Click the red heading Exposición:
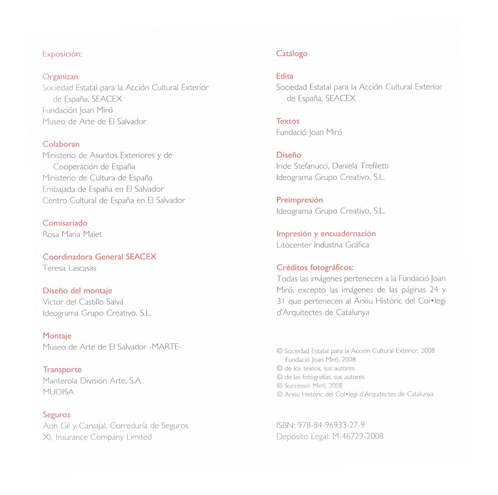(x=62, y=54)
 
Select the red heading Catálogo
(x=291, y=54)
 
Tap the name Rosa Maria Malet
(x=72, y=234)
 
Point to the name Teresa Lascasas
(x=69, y=268)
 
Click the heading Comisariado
(x=65, y=223)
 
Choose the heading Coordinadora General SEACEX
(x=99, y=257)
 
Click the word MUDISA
(x=58, y=392)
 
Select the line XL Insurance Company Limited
(x=97, y=437)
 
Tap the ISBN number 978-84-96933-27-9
(x=331, y=425)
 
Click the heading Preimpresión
(x=299, y=200)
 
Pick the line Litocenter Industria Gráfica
(x=322, y=245)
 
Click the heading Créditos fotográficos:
(x=315, y=267)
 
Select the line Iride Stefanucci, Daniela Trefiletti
(x=332, y=166)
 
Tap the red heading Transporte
(x=62, y=370)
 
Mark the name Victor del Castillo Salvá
(x=83, y=302)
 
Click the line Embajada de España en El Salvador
(x=103, y=189)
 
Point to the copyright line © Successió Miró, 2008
(x=310, y=385)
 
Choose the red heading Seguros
(x=56, y=415)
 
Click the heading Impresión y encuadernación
(x=326, y=233)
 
